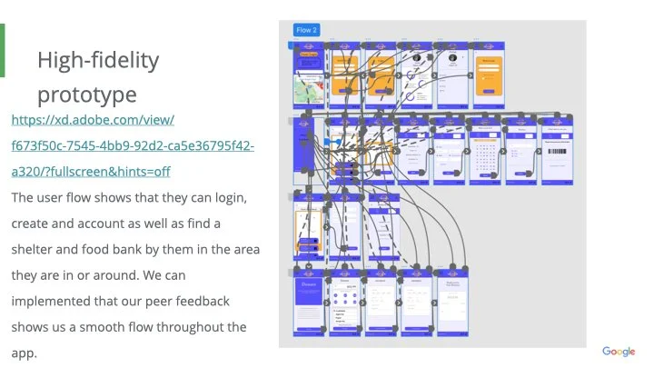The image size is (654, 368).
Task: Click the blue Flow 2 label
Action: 307,31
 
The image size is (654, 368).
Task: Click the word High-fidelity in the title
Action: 98,61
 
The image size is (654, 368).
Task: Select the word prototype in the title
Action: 87,94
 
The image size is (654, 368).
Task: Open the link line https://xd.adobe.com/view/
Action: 93,120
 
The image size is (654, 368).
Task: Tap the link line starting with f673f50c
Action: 133,145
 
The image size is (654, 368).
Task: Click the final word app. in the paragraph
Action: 25,353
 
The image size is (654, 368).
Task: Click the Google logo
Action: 619,352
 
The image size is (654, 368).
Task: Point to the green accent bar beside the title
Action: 3,50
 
